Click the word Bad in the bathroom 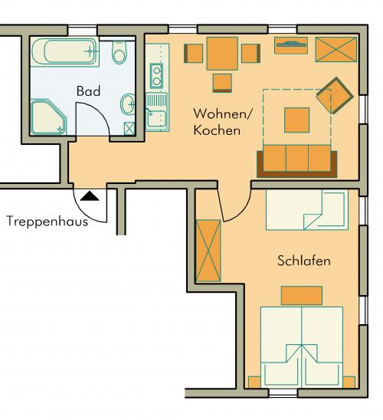[88, 91]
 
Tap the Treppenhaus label [47, 221]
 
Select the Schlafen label [304, 261]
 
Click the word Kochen [217, 130]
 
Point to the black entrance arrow [90, 195]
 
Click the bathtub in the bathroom [65, 51]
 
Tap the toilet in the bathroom [119, 52]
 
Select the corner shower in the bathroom [48, 117]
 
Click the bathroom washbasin [128, 104]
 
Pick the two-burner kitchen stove [156, 76]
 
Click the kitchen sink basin [156, 118]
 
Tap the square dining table [222, 54]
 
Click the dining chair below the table [222, 84]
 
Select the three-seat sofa [296, 161]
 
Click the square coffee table [296, 120]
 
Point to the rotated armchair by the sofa [335, 96]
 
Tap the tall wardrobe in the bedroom [208, 251]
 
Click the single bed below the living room [307, 210]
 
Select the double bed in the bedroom [302, 347]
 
